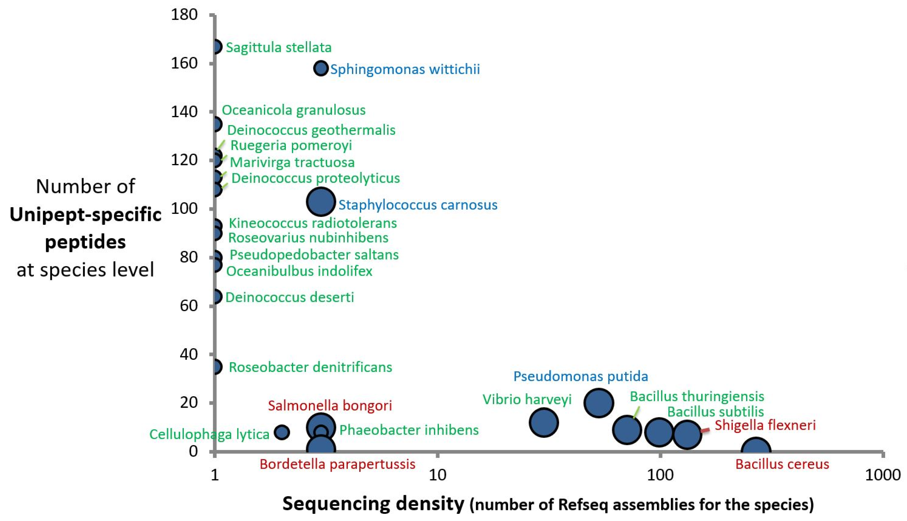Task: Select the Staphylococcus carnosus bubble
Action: tap(321, 202)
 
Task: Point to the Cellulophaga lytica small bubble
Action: tap(282, 432)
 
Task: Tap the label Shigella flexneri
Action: tap(765, 425)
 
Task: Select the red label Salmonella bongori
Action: tap(330, 405)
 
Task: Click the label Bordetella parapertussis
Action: tap(337, 464)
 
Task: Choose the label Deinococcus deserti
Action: tap(289, 297)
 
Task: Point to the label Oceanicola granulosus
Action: tap(293, 110)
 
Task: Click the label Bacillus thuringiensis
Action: tap(697, 396)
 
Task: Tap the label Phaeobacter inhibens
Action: tap(409, 430)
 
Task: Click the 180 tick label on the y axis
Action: tap(184, 15)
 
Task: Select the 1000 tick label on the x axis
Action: tap(883, 475)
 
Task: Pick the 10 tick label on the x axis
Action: tap(437, 475)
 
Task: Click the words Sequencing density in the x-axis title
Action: tap(373, 504)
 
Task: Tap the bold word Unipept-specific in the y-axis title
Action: tap(85, 215)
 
